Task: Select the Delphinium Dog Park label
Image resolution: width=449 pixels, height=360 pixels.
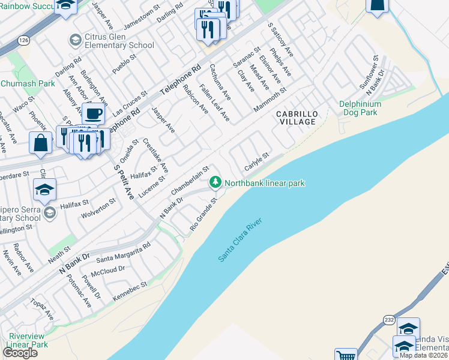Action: (360, 108)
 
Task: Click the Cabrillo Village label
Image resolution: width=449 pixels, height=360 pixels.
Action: (296, 118)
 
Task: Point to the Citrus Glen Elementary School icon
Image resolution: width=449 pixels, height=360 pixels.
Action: (75, 40)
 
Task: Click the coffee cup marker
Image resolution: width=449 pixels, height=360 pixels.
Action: (93, 113)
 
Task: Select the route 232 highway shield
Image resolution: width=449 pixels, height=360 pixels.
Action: (389, 320)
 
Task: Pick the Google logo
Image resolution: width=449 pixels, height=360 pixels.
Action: (20, 353)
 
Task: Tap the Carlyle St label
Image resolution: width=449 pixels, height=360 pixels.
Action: (256, 162)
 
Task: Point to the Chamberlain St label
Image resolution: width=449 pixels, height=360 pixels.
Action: (190, 180)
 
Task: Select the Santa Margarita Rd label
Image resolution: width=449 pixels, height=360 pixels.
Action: (123, 253)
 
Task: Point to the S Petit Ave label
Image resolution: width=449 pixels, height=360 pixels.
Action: (125, 182)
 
